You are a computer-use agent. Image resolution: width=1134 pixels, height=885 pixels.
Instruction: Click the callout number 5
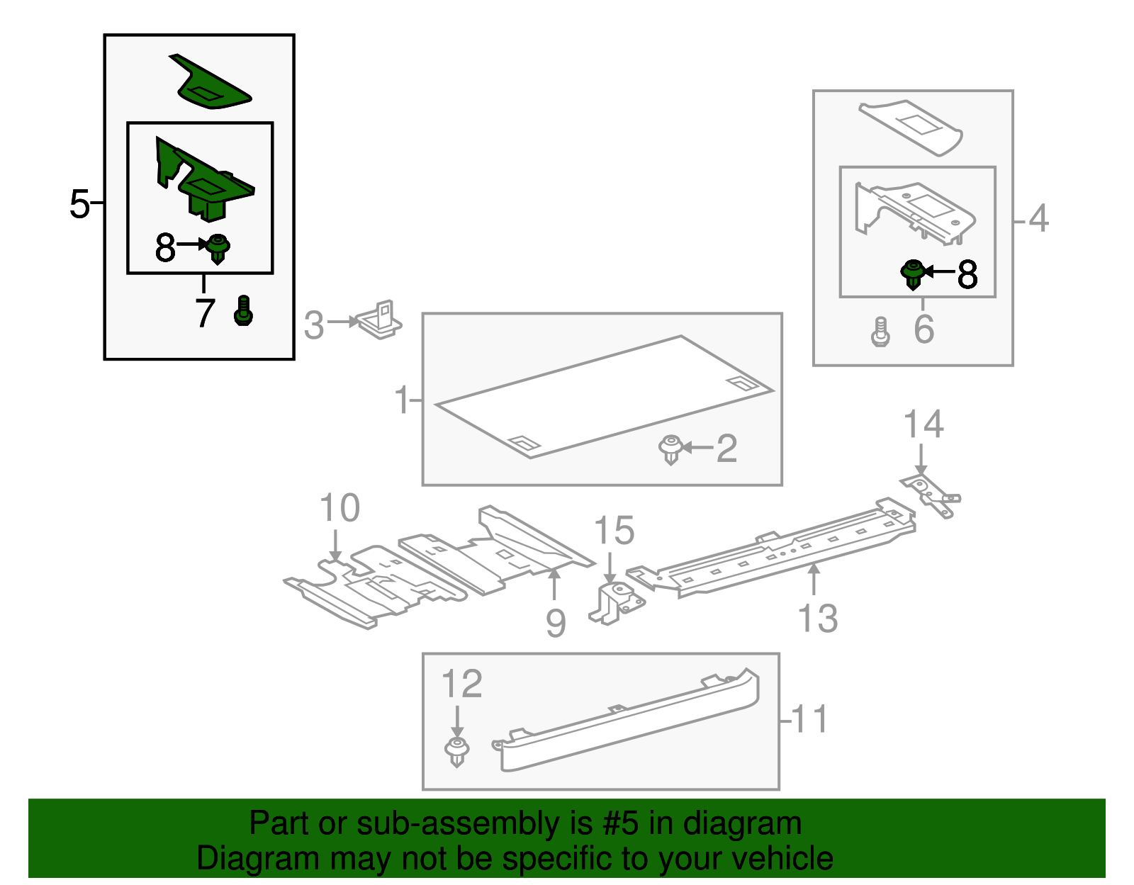click(79, 204)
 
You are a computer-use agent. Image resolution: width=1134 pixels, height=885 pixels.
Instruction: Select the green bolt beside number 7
click(242, 311)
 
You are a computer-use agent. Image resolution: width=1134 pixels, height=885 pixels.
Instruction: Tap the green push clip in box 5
click(218, 249)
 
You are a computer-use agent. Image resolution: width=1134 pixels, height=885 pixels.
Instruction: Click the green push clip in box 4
click(913, 274)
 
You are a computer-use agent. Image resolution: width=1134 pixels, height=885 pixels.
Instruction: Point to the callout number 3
click(313, 325)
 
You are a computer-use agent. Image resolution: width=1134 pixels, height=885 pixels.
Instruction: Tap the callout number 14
click(923, 424)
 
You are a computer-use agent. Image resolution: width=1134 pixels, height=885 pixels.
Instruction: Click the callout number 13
click(817, 618)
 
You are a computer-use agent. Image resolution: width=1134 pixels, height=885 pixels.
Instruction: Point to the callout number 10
click(339, 508)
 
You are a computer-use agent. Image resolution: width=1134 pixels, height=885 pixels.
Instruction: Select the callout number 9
click(556, 623)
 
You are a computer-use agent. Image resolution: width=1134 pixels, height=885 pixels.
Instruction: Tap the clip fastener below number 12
click(457, 752)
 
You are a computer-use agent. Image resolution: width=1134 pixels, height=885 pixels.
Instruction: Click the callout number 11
click(809, 719)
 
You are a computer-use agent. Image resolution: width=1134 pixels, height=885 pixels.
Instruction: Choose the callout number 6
click(924, 329)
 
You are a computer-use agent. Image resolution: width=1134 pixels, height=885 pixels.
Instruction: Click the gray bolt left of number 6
click(880, 332)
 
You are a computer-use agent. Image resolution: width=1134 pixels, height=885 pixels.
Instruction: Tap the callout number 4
click(1038, 218)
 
